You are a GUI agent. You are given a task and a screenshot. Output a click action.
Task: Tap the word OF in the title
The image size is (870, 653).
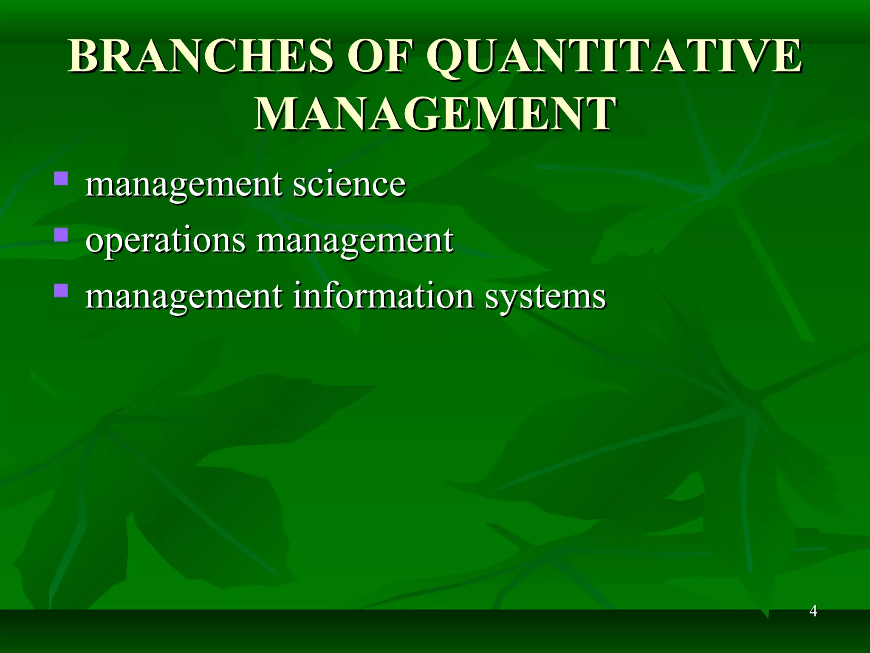tap(378, 57)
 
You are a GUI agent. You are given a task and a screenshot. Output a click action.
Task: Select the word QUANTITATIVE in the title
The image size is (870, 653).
tap(614, 57)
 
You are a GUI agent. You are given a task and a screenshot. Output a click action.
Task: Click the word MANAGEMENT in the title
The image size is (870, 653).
tap(435, 114)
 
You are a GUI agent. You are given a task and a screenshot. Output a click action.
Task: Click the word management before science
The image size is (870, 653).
tap(184, 185)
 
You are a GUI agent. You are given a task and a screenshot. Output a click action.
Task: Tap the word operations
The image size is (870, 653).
tap(165, 241)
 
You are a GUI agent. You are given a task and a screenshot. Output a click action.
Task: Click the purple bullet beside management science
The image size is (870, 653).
tap(61, 178)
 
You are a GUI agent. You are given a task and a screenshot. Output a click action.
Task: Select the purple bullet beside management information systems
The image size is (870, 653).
tap(61, 290)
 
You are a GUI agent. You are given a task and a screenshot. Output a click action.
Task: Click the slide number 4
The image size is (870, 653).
tap(813, 611)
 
